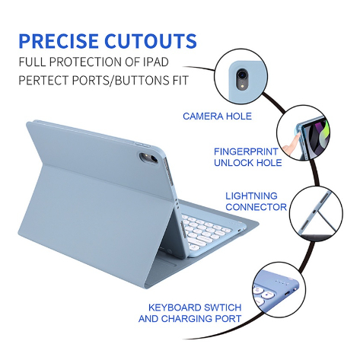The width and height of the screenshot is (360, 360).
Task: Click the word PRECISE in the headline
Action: pos(59,41)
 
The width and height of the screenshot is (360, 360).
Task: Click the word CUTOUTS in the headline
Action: pos(151,41)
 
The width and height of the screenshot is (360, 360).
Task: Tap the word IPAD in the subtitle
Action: pos(156,62)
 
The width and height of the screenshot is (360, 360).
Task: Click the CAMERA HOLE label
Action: pos(217,116)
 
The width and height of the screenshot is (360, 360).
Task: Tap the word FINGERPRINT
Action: pos(246,151)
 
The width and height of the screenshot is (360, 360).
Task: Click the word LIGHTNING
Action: pos(251,196)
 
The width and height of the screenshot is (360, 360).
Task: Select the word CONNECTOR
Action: pos(256,207)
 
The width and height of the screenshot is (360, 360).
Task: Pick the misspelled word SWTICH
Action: pos(222,307)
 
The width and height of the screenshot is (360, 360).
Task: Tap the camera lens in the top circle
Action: pos(242,75)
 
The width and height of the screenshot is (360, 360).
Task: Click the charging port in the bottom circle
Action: pos(287,294)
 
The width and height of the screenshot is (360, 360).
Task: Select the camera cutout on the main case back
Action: pos(148,158)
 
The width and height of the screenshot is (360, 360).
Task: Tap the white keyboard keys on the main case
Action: pos(205,230)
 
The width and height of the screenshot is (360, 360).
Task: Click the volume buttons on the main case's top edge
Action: pos(143,145)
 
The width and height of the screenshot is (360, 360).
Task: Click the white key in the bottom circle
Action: pos(268,295)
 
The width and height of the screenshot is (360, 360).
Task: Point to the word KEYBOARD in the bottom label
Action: pos(175,307)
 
